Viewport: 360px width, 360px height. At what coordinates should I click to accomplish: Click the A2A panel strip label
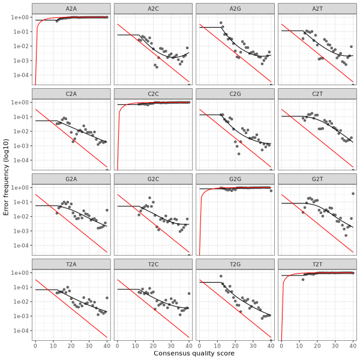tap(71, 7)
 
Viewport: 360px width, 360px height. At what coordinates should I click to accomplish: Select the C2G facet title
tap(235, 92)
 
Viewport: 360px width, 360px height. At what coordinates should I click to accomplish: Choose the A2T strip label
tap(317, 7)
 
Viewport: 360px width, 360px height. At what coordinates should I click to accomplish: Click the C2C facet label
tap(153, 92)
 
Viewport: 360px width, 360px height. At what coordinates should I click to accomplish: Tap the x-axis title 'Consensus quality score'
tap(194, 353)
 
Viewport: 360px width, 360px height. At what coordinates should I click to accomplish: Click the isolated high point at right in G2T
tap(353, 193)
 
